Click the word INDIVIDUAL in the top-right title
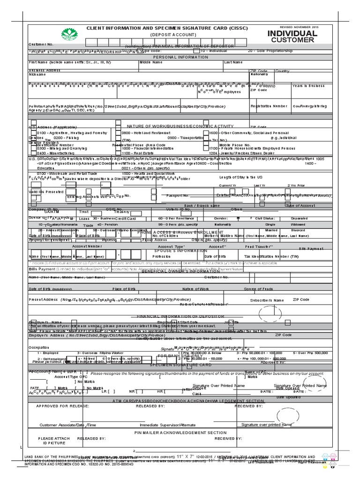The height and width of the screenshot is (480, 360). pyautogui.click(x=292, y=34)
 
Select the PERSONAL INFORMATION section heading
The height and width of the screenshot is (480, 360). pyautogui.click(x=180, y=57)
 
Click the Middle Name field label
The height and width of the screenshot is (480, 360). pyautogui.click(x=151, y=62)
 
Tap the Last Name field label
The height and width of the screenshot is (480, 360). pyautogui.click(x=233, y=62)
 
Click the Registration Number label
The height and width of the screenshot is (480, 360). pyautogui.click(x=269, y=106)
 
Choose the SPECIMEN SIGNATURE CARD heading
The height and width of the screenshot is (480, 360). pyautogui.click(x=180, y=364)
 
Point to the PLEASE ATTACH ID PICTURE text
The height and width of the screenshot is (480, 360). pyautogui.click(x=54, y=441)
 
